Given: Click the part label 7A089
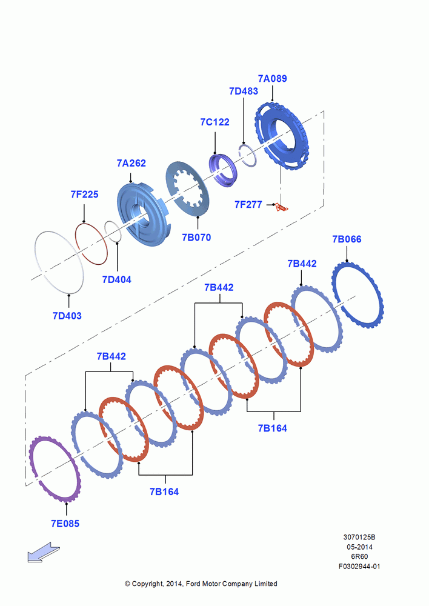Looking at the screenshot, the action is tap(273, 78).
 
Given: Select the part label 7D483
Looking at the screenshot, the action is tap(244, 92).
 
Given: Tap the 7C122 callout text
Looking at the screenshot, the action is tap(215, 122).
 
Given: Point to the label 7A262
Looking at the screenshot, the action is tap(131, 163).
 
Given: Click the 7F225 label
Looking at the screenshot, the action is tap(84, 195).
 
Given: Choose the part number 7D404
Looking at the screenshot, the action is tap(117, 279).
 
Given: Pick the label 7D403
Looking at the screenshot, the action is tap(67, 316).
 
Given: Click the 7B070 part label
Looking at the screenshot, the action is tap(196, 238).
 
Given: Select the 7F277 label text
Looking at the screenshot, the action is tap(248, 204).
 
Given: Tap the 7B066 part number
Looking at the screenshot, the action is tap(347, 239).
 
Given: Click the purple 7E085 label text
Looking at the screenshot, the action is tap(65, 524).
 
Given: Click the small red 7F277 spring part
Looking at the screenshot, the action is tap(282, 207).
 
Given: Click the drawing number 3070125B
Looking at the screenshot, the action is tap(359, 537).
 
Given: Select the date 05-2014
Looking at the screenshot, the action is tap(359, 547).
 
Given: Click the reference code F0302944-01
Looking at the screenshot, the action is tap(359, 567).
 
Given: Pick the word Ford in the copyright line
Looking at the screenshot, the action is tap(193, 584).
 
